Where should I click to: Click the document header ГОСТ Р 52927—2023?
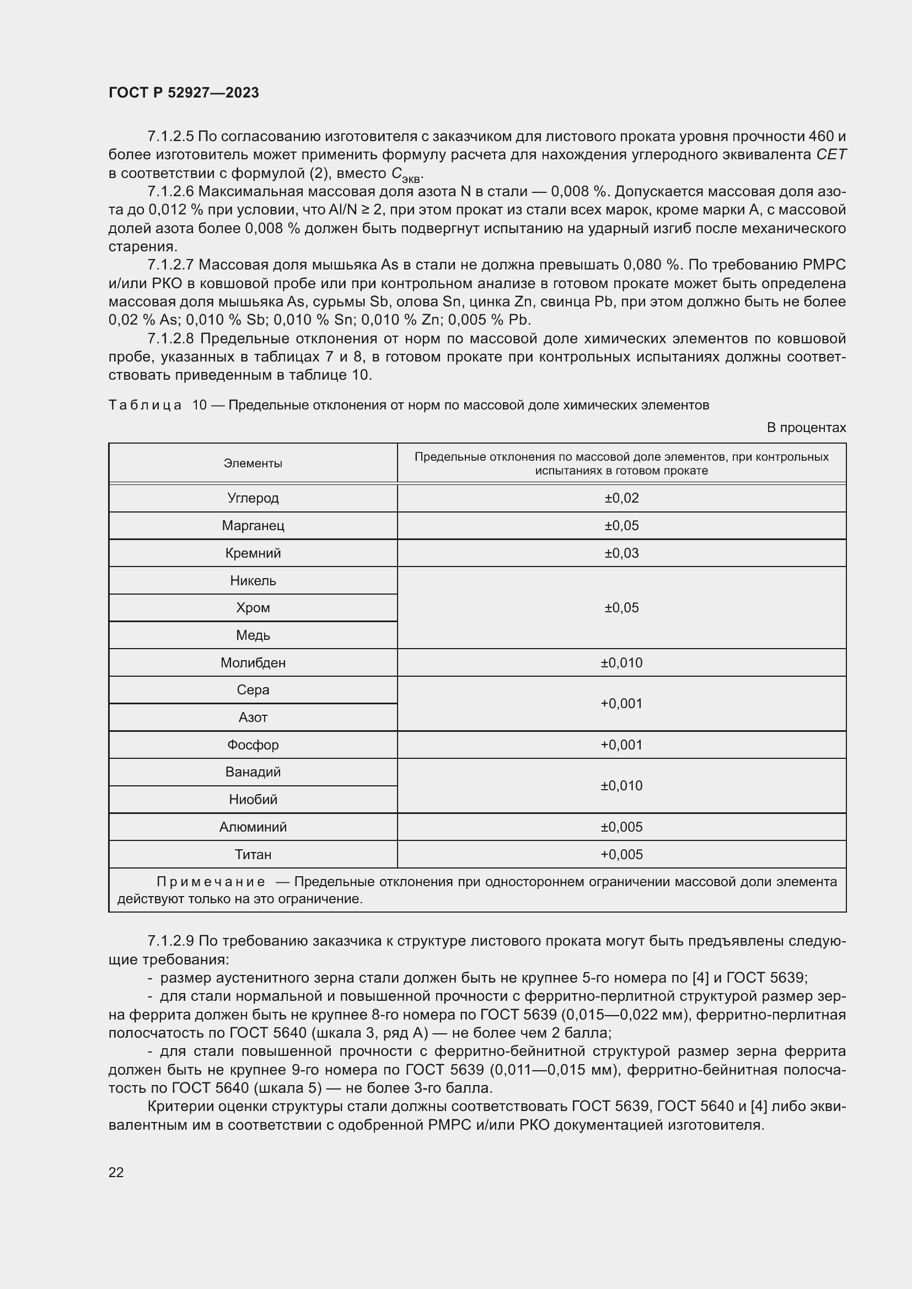point(184,93)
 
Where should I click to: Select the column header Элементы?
point(253,463)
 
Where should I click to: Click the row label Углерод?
point(253,498)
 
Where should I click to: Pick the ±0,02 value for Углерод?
point(621,498)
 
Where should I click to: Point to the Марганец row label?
point(253,526)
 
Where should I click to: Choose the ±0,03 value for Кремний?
point(621,553)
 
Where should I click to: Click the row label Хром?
point(253,607)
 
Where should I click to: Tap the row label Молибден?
point(253,662)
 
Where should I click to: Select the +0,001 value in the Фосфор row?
point(621,745)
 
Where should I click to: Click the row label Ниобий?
point(253,799)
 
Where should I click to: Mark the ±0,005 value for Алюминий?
point(621,827)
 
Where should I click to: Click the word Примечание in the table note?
point(211,882)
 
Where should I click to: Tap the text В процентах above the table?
point(806,427)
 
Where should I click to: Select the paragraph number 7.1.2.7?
point(170,265)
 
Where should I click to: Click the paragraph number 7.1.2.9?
point(170,941)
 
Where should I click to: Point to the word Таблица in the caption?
point(145,405)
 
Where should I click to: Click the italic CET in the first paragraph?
point(830,154)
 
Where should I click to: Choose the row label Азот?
point(253,717)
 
